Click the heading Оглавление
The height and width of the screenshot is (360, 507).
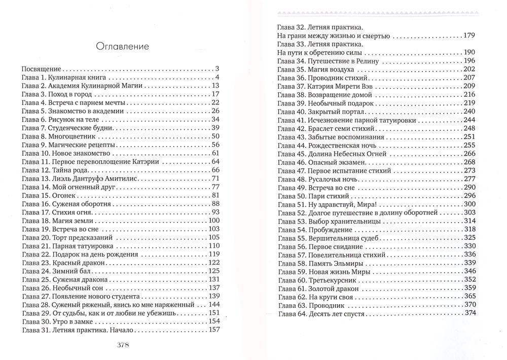point(122,47)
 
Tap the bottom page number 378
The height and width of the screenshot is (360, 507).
point(122,346)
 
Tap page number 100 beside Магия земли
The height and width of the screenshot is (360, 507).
point(213,221)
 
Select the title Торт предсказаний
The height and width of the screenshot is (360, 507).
point(83,237)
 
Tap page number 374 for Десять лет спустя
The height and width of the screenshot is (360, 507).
point(469,313)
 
